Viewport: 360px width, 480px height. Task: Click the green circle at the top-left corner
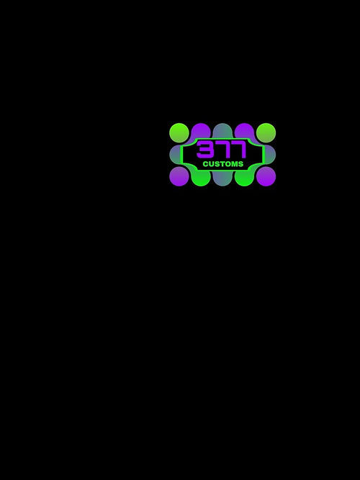click(x=179, y=133)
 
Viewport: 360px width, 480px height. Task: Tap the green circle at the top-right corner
click(x=266, y=133)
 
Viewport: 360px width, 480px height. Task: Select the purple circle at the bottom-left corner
click(x=179, y=176)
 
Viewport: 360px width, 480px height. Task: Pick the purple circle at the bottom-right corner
click(x=266, y=176)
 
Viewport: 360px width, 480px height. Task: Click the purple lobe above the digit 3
click(x=201, y=131)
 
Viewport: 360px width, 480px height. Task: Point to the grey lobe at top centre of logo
click(x=222, y=131)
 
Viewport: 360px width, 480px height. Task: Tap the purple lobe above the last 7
click(x=244, y=131)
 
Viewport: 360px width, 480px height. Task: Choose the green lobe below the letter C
click(x=201, y=178)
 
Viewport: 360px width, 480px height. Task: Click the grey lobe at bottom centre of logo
click(x=222, y=178)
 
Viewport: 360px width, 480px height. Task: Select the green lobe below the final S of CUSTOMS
click(x=244, y=178)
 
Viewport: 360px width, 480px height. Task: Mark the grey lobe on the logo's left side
click(x=175, y=155)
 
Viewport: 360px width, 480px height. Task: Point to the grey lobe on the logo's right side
click(x=270, y=155)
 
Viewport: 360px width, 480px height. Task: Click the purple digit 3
click(x=204, y=150)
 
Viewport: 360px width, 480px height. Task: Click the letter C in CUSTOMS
click(x=206, y=164)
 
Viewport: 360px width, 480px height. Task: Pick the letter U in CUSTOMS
click(x=212, y=164)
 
